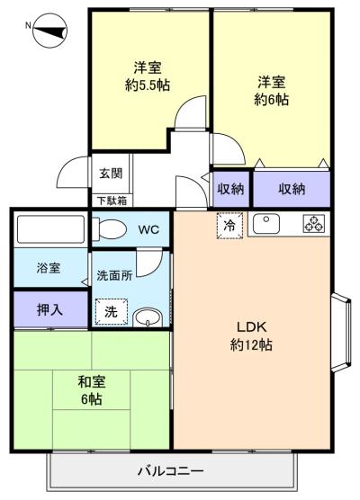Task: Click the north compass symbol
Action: [x=49, y=31]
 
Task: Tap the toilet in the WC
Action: [x=109, y=228]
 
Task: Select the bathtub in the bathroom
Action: [x=51, y=229]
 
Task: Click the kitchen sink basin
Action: [x=266, y=224]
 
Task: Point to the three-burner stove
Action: [x=314, y=223]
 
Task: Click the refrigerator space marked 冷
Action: [x=229, y=226]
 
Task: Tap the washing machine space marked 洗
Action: [x=112, y=312]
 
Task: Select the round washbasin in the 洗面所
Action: [x=148, y=317]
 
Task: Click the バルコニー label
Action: [x=170, y=470]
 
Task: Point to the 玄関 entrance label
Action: [x=111, y=174]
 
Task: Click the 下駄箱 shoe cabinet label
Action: [x=112, y=201]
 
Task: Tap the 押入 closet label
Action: [x=49, y=309]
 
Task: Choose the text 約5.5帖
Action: [x=148, y=85]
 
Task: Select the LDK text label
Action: [x=251, y=326]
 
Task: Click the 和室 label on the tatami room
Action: [x=92, y=382]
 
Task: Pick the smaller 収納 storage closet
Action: [x=230, y=189]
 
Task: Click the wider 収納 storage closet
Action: [x=292, y=189]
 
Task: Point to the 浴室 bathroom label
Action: [x=49, y=268]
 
